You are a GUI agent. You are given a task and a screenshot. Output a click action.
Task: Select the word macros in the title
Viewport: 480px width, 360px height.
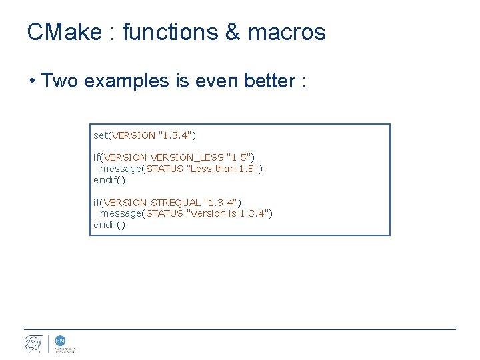287,32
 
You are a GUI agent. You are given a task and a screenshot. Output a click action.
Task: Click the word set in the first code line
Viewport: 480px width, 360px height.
100,135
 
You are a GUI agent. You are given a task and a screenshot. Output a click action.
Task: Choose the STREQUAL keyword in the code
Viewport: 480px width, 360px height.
175,202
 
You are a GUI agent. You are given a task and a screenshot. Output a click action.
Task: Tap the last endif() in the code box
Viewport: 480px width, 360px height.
109,225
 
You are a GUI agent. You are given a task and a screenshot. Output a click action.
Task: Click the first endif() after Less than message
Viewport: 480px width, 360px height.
109,180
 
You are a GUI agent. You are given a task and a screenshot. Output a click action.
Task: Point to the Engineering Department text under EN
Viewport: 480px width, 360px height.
65,349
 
